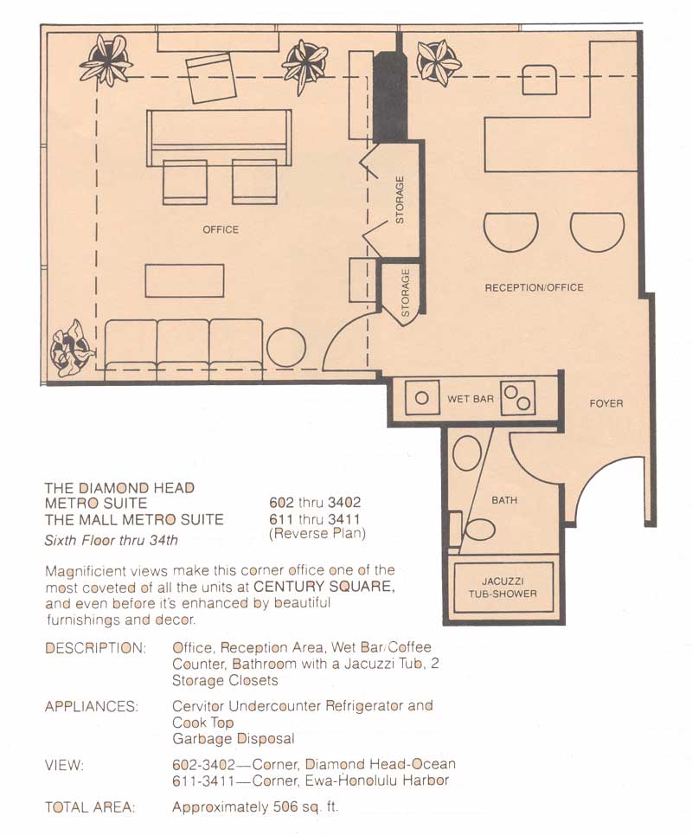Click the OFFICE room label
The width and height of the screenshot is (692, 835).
tap(221, 229)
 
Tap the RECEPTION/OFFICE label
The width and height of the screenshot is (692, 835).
tap(534, 287)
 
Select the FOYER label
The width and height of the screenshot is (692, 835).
tap(605, 403)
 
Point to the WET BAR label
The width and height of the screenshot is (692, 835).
tap(470, 398)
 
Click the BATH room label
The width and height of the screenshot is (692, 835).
tap(504, 500)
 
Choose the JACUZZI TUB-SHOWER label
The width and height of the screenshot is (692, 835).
tap(503, 588)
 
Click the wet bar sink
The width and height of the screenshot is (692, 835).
tap(422, 397)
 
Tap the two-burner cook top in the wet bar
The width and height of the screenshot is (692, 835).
tap(517, 398)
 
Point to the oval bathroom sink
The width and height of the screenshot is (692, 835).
tap(467, 453)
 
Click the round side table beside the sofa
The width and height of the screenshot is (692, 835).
tap(285, 348)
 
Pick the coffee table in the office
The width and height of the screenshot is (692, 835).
tap(184, 280)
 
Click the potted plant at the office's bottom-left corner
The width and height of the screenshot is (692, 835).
tap(73, 348)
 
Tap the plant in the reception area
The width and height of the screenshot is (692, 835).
tap(439, 62)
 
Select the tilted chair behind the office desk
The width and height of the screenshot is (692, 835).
tap(211, 78)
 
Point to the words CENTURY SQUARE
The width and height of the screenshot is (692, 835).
tap(324, 587)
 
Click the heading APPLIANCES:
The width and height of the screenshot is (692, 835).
tap(92, 707)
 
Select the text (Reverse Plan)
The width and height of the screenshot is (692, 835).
tap(317, 534)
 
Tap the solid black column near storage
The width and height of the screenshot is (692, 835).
tap(390, 97)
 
